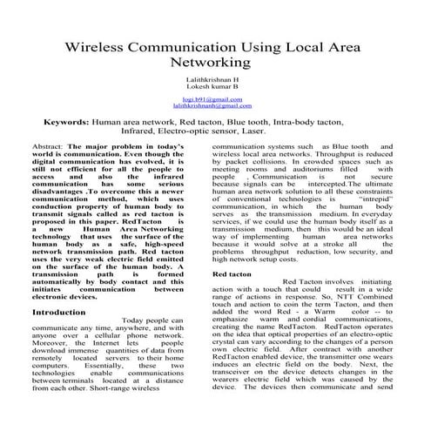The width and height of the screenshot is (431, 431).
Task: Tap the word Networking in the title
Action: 215,64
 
